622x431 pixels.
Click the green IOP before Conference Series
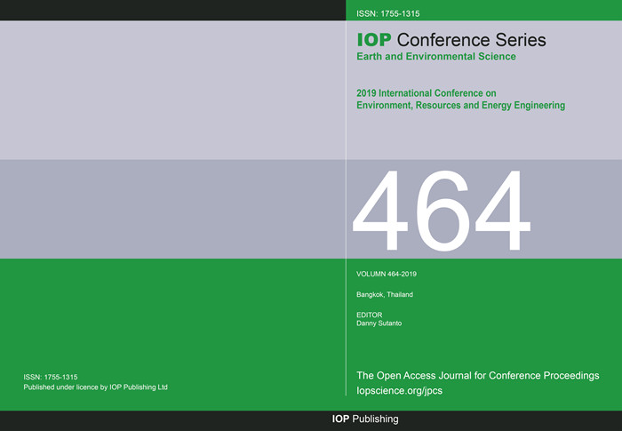374,40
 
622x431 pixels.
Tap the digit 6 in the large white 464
442,211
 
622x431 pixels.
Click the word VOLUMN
371,274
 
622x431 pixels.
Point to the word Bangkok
371,294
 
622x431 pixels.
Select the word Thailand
400,294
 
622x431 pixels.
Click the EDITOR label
370,315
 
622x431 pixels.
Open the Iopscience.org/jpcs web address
400,390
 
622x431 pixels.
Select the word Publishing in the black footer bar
375,419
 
